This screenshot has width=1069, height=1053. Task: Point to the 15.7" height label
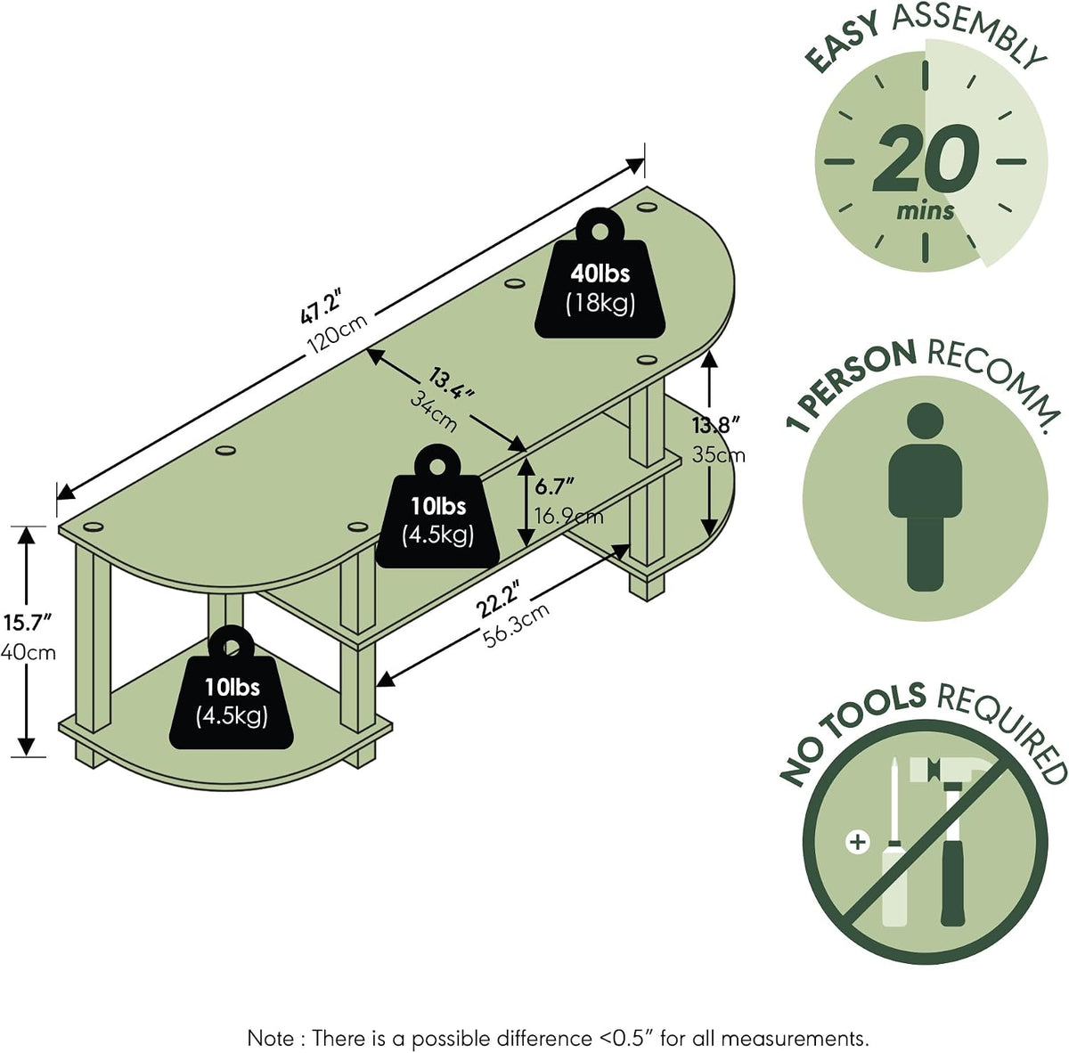(x=28, y=623)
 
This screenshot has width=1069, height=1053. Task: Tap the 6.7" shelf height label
(x=553, y=486)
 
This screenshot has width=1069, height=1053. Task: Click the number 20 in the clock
(x=925, y=158)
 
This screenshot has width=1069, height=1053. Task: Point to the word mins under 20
(x=926, y=211)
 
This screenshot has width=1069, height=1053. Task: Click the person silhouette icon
(x=925, y=496)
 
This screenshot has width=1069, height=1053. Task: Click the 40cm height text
(x=29, y=652)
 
